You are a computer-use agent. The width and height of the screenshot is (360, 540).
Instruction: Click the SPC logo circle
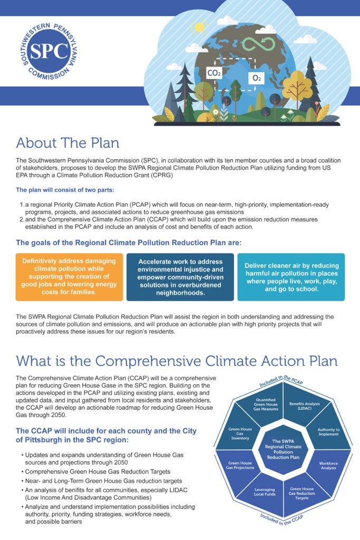pos(50,51)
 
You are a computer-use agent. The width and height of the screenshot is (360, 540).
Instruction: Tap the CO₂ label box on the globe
pos(214,73)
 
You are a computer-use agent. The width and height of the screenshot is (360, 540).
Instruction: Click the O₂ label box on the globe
pos(257,78)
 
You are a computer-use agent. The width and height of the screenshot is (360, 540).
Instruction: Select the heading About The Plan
pos(67,142)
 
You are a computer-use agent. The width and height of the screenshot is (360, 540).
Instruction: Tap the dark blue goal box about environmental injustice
pos(181,277)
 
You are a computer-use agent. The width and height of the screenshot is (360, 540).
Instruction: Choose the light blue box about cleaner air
pos(291,277)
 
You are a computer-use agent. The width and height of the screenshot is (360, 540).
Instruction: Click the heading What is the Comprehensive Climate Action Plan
pos(177,361)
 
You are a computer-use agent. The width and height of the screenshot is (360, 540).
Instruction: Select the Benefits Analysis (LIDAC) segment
pos(305,406)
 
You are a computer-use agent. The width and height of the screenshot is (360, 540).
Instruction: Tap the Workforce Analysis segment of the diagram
pos(328,466)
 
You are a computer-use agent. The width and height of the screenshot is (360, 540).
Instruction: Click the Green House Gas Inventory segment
pos(240,432)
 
